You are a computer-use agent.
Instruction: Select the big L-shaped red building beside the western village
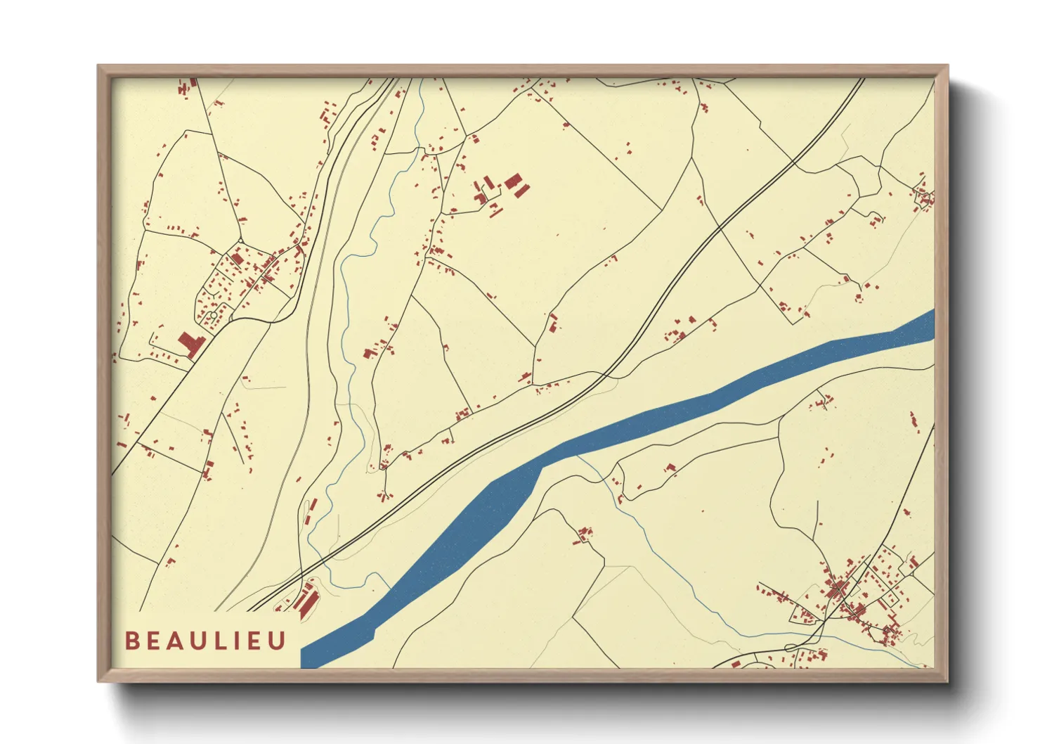(190, 345)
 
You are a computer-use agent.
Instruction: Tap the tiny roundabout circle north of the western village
(240, 241)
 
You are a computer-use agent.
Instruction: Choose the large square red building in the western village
(237, 259)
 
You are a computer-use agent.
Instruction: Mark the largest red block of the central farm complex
(513, 181)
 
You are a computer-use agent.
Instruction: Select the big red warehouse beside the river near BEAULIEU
(307, 601)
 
